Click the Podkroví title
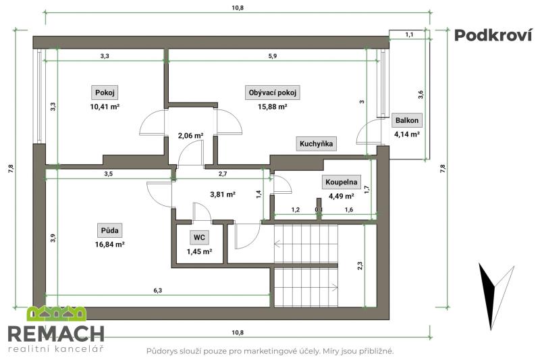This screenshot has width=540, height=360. pos(493,35)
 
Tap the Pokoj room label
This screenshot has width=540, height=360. pos(105,93)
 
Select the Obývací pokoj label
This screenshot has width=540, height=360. pos(273,93)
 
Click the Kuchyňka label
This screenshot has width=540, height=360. pos(316,144)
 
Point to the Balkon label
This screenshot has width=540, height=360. pos(407,120)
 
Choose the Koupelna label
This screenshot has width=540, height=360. pos(342,182)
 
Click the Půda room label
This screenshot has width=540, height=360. pos(110,230)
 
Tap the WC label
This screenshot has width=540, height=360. pos(199,237)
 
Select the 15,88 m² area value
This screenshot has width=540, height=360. pos(273,107)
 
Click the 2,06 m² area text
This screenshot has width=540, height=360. pos(190,136)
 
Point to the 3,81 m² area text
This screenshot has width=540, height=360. pos(223,195)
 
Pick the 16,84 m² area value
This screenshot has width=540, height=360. pos(109,245)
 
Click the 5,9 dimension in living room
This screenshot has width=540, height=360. pos(273,56)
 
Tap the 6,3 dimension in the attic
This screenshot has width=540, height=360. pos(158,290)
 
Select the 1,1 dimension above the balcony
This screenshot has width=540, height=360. pos(409,34)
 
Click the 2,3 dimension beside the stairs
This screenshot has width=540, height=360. pos(360,265)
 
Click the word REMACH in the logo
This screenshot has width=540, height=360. pos(56,334)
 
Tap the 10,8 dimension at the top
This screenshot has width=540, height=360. pos(238,8)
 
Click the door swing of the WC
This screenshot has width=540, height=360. pos(202,211)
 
